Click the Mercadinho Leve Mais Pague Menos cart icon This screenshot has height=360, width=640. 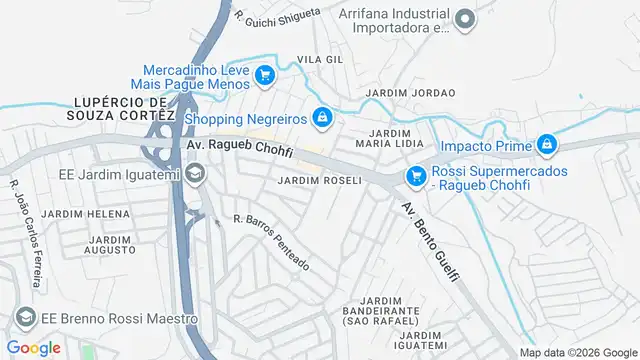[264, 74]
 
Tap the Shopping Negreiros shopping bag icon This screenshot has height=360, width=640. [321, 119]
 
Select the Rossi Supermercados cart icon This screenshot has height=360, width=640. [415, 176]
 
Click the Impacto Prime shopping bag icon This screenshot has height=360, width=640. [546, 146]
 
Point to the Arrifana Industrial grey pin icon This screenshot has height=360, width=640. [463, 19]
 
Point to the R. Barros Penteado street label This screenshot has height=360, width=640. [271, 243]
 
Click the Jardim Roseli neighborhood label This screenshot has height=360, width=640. [319, 181]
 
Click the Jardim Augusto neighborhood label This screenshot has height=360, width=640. [110, 246]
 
